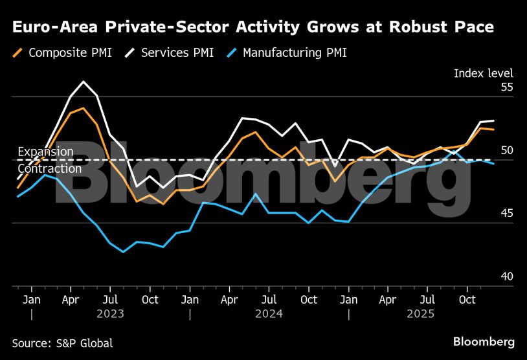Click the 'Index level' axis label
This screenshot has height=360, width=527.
(483, 73)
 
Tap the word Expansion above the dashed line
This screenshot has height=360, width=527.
(45, 152)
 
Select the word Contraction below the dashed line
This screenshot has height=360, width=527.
(49, 168)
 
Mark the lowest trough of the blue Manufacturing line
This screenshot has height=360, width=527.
(123, 251)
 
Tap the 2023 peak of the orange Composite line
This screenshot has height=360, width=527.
(84, 108)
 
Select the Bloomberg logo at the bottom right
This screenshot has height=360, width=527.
(484, 341)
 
